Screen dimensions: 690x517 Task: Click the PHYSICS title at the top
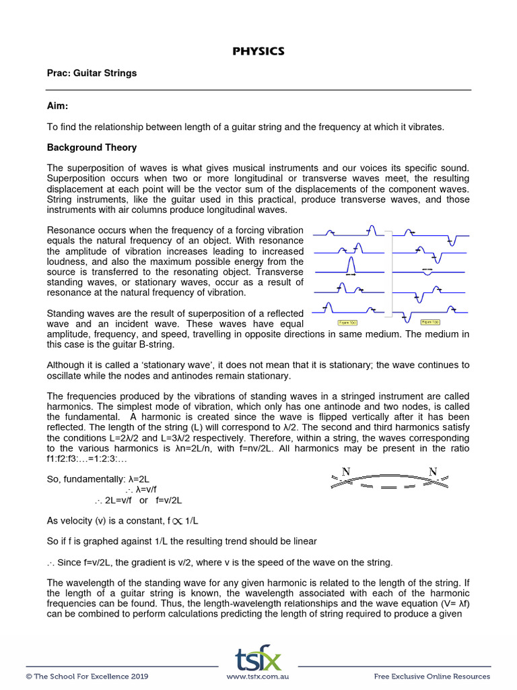[x=258, y=51]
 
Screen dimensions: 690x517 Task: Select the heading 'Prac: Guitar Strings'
[x=92, y=73]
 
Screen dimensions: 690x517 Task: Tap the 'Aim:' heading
[x=58, y=106]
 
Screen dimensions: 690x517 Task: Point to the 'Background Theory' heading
[x=92, y=148]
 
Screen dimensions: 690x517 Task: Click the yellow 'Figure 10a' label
[x=347, y=323]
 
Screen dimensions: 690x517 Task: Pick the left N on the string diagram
[x=345, y=472]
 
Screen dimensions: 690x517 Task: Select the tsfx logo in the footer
[x=258, y=658]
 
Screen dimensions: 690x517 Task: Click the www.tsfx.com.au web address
[x=258, y=677]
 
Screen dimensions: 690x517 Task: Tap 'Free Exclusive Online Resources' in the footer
[x=432, y=677]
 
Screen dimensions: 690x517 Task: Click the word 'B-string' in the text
[x=157, y=344]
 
